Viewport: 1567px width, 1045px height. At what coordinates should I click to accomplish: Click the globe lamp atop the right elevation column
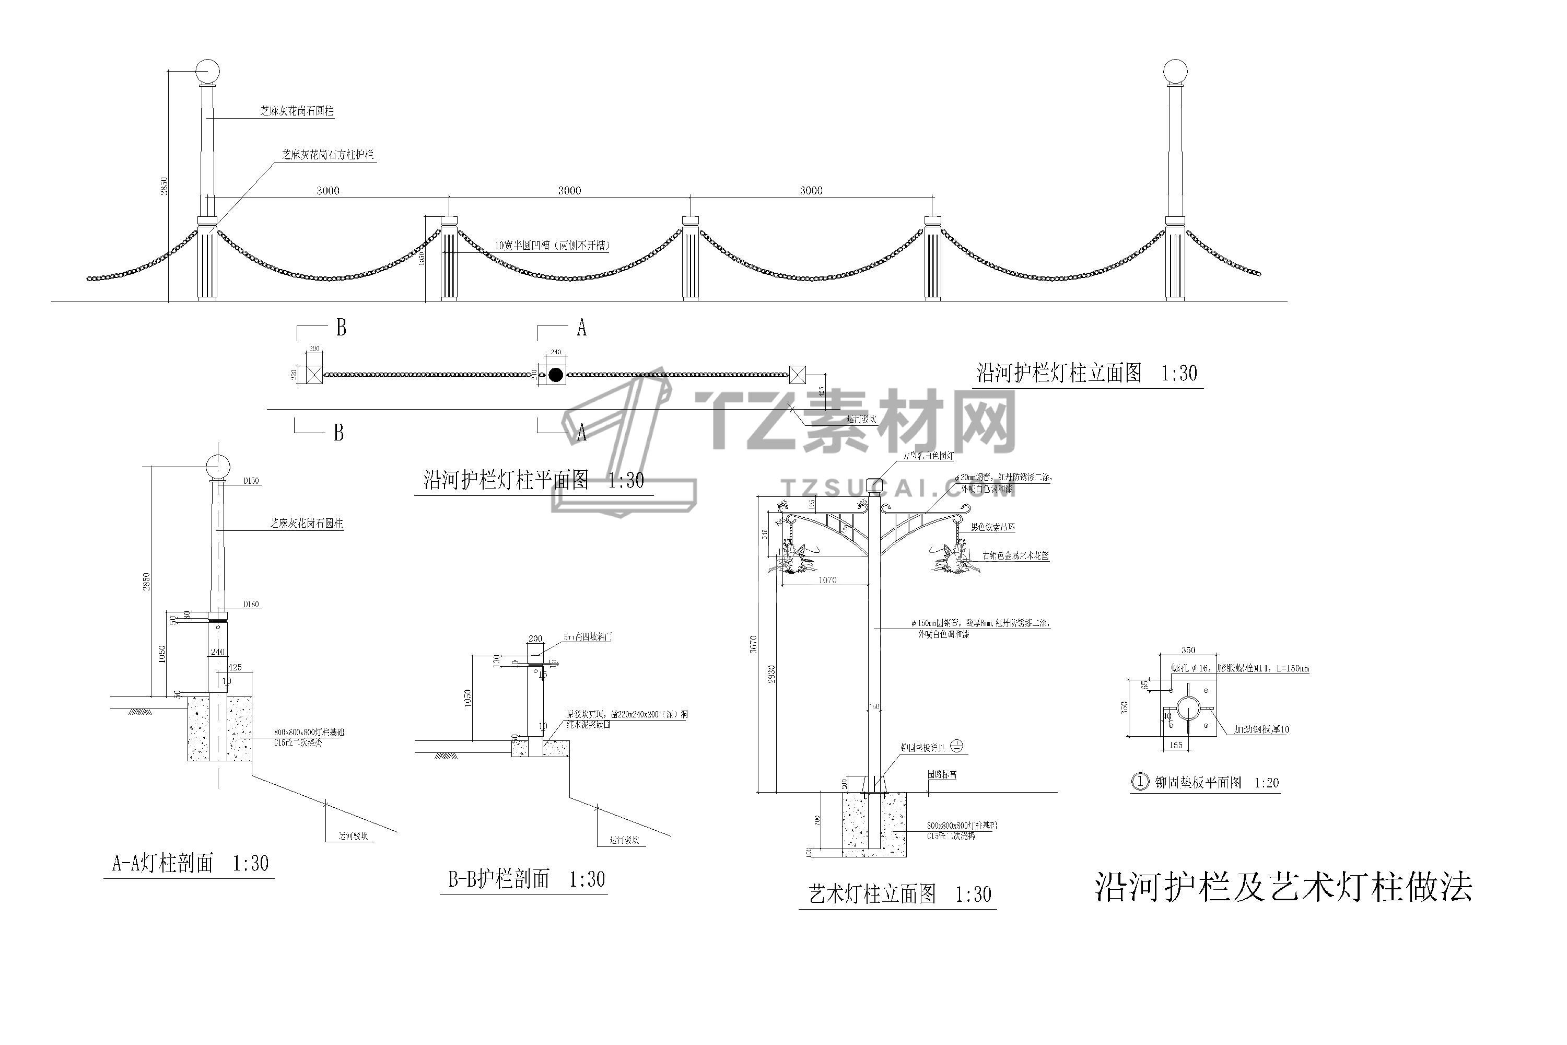(x=1175, y=71)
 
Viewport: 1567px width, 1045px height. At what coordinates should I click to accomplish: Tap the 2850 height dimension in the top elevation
(x=164, y=186)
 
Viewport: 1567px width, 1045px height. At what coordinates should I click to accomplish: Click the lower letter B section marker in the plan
(x=338, y=433)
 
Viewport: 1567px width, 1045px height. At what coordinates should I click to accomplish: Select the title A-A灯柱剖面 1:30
(x=190, y=864)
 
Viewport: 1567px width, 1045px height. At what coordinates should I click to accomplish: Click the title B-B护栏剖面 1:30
(x=527, y=880)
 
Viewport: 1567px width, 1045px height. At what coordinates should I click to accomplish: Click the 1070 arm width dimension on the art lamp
(x=827, y=580)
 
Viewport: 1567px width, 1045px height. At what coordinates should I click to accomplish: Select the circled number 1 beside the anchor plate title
(x=1141, y=782)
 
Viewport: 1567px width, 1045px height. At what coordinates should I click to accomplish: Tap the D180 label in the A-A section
(x=251, y=605)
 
